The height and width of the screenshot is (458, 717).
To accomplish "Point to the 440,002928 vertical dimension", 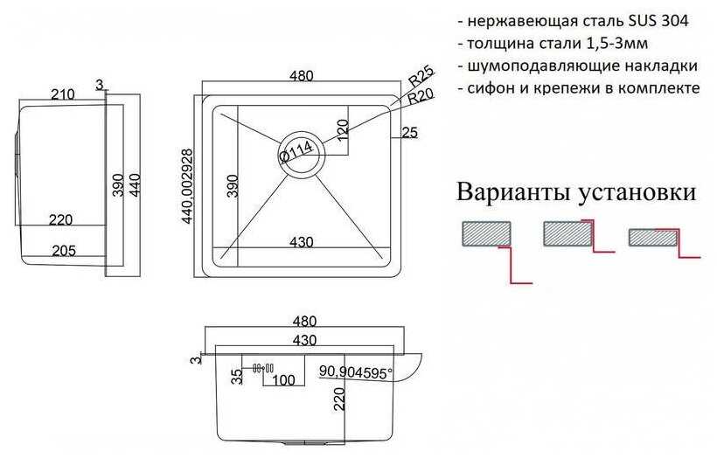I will point(188,185).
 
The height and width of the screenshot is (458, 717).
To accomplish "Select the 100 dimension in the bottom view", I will point(284,381).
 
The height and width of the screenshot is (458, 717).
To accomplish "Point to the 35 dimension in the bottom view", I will point(237,377).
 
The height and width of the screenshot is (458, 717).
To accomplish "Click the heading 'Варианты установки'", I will point(576,192).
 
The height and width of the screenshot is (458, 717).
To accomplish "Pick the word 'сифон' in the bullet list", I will point(490,88).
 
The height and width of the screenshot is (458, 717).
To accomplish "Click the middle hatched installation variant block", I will point(568,232).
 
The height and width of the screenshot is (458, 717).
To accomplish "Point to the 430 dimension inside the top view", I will point(302,242).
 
